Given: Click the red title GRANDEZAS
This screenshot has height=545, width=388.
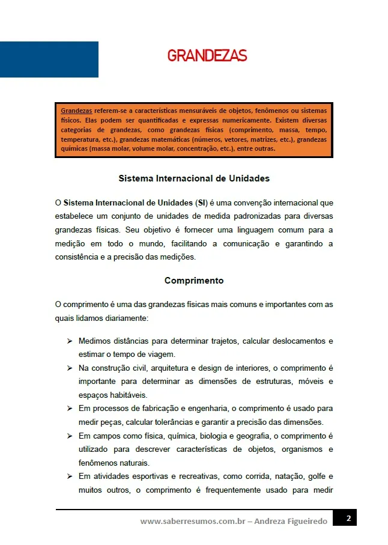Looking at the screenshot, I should (207, 56).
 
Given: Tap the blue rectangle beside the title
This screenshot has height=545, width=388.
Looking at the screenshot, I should (49, 59).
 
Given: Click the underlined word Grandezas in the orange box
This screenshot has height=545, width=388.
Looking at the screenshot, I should (76, 111).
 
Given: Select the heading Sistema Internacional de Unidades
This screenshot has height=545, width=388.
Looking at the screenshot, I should (194, 178).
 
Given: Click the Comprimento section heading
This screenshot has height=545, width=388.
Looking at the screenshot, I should (194, 281).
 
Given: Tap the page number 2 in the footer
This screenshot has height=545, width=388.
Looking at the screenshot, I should (348, 518).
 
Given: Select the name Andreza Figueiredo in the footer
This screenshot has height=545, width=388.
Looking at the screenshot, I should (291, 522).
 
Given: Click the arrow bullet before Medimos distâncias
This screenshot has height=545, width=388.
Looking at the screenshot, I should (70, 341).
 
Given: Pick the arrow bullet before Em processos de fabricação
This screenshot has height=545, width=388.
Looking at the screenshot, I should (70, 409).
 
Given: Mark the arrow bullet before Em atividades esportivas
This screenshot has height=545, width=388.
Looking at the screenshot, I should (70, 476).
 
